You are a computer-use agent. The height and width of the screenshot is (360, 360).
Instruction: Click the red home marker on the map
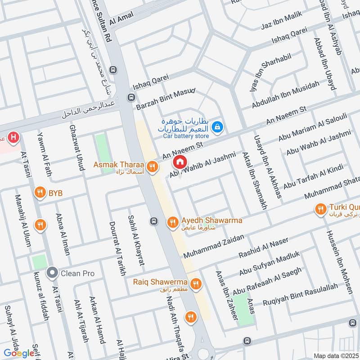coord(180,161)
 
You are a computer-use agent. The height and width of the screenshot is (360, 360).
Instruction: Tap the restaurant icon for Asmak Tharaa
coord(153,166)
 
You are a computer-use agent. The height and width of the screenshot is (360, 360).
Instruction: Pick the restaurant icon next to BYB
coord(40,193)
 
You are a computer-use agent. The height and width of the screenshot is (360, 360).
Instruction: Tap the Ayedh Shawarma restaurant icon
coord(172,222)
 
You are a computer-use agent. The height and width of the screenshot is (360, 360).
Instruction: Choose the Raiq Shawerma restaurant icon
coord(195,283)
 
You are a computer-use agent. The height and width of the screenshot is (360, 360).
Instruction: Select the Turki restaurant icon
coord(321,209)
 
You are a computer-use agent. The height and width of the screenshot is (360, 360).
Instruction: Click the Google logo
coord(19,353)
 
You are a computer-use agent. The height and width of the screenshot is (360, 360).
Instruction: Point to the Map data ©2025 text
coord(335,356)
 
